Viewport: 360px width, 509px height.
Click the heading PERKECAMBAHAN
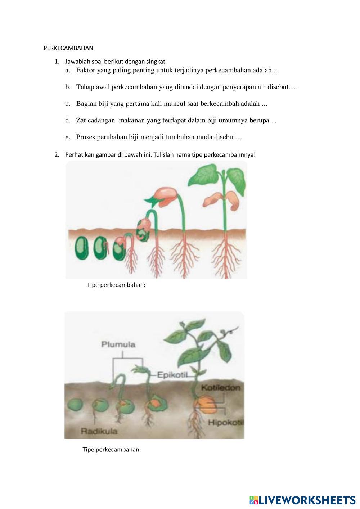pyautogui.click(x=68, y=48)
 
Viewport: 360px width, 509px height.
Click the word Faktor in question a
pyautogui.click(x=86, y=70)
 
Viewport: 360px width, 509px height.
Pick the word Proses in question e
pyautogui.click(x=85, y=137)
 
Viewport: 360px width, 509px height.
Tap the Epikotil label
pyautogui.click(x=173, y=375)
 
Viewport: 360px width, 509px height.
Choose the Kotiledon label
pyautogui.click(x=221, y=387)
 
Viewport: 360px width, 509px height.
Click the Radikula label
pyautogui.click(x=99, y=431)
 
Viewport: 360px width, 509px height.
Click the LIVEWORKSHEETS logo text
pyautogui.click(x=302, y=500)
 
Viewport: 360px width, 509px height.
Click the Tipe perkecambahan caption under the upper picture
pyautogui.click(x=116, y=285)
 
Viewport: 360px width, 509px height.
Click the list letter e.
pyautogui.click(x=68, y=138)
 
